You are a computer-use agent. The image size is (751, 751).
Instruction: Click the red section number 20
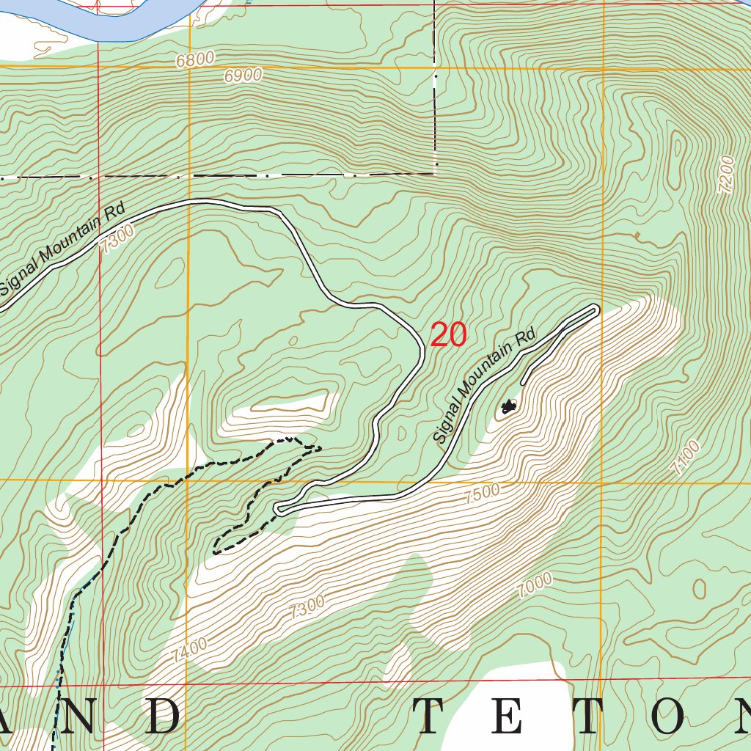point(448,335)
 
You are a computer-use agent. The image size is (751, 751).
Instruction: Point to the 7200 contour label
point(726,175)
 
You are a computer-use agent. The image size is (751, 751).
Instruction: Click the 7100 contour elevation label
point(686,458)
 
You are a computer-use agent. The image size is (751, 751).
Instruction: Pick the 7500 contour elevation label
point(482,494)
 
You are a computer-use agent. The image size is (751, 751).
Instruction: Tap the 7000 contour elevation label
point(535,586)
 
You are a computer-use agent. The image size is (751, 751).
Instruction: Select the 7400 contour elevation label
point(191,649)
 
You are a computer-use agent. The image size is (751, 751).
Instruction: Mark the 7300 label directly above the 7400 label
point(307,607)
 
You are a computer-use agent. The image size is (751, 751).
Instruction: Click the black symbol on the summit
point(508,406)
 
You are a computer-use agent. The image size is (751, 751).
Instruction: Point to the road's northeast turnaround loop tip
point(596,309)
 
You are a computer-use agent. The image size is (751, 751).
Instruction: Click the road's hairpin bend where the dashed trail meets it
point(279,509)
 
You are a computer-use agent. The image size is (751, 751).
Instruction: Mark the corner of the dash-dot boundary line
point(435,174)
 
